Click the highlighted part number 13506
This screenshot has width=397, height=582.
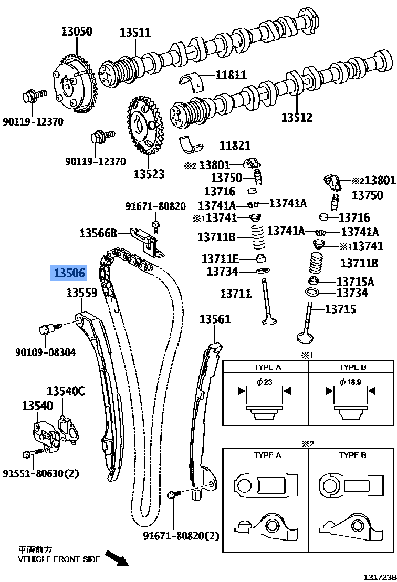click(x=67, y=273)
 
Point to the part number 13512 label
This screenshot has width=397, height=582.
click(x=296, y=118)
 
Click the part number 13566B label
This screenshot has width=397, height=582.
click(x=98, y=233)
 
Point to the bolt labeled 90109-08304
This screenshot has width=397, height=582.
click(x=45, y=330)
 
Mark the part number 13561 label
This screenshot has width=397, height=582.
click(x=215, y=320)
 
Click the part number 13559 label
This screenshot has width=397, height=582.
click(x=81, y=293)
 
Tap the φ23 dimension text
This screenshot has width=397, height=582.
click(x=265, y=382)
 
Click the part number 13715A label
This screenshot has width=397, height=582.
click(x=355, y=282)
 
